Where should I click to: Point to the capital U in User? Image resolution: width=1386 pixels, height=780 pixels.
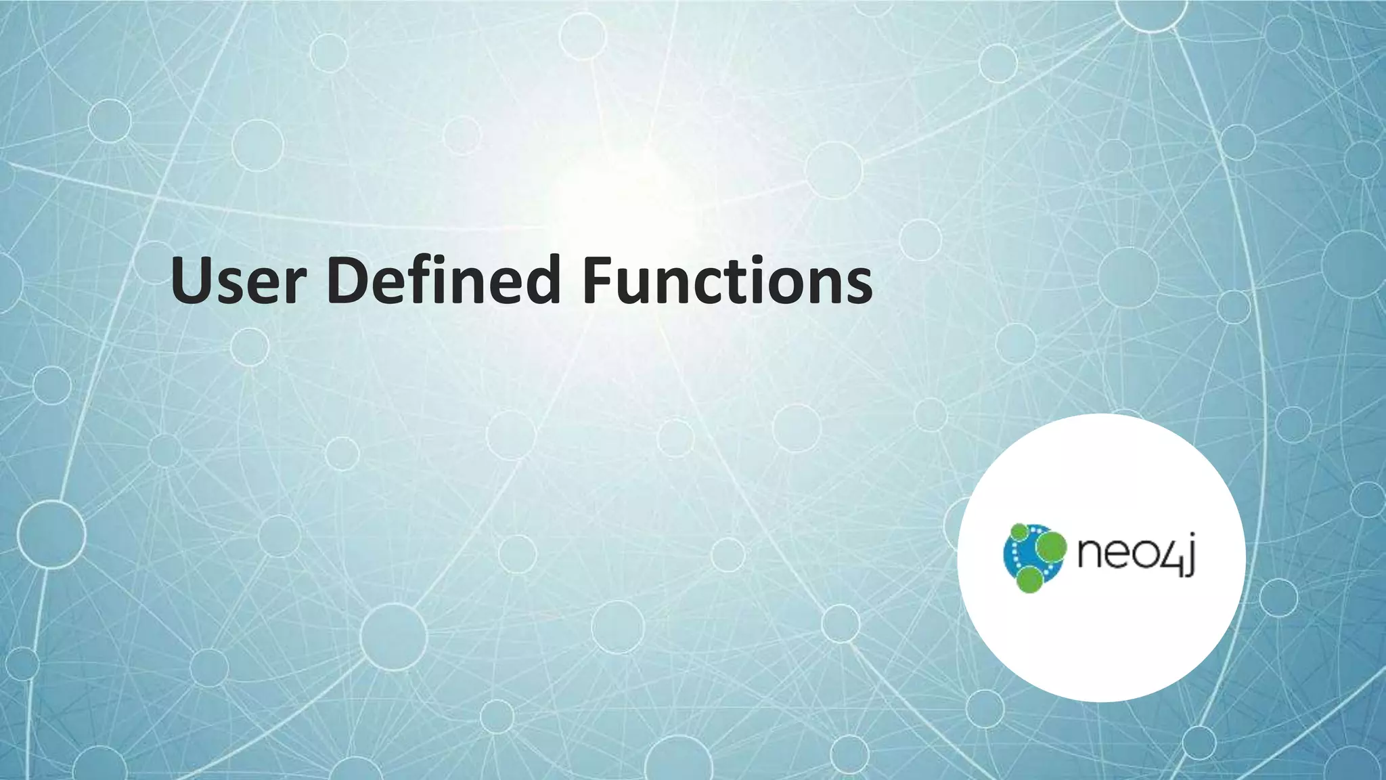[x=192, y=280]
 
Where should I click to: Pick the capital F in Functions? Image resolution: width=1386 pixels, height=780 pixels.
[x=597, y=280]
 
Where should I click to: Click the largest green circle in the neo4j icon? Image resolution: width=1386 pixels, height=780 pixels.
[x=1051, y=546]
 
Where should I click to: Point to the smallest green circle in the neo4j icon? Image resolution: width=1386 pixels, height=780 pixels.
[x=1019, y=532]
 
